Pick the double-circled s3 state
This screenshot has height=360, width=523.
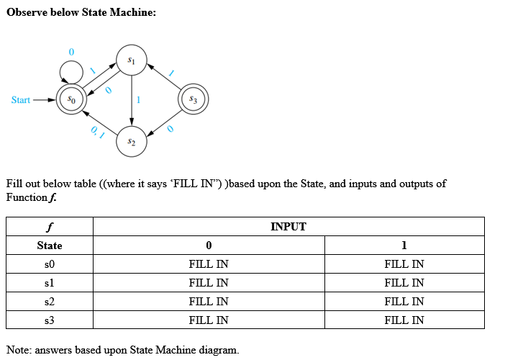(192, 99)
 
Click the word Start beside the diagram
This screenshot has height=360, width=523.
(21, 99)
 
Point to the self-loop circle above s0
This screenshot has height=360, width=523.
(71, 71)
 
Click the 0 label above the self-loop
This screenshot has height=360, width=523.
(71, 52)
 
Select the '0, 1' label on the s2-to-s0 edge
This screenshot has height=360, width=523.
(98, 131)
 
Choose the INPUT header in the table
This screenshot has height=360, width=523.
(288, 227)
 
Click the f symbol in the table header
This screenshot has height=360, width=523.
(49, 227)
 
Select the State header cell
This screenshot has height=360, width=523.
(49, 246)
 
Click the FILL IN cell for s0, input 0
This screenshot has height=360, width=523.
(208, 264)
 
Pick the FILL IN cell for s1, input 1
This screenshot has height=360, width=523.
(404, 283)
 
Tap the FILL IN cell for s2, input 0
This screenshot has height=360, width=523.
(208, 302)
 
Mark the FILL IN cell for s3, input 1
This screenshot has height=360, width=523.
(404, 320)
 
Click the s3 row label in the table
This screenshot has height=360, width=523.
(49, 320)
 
